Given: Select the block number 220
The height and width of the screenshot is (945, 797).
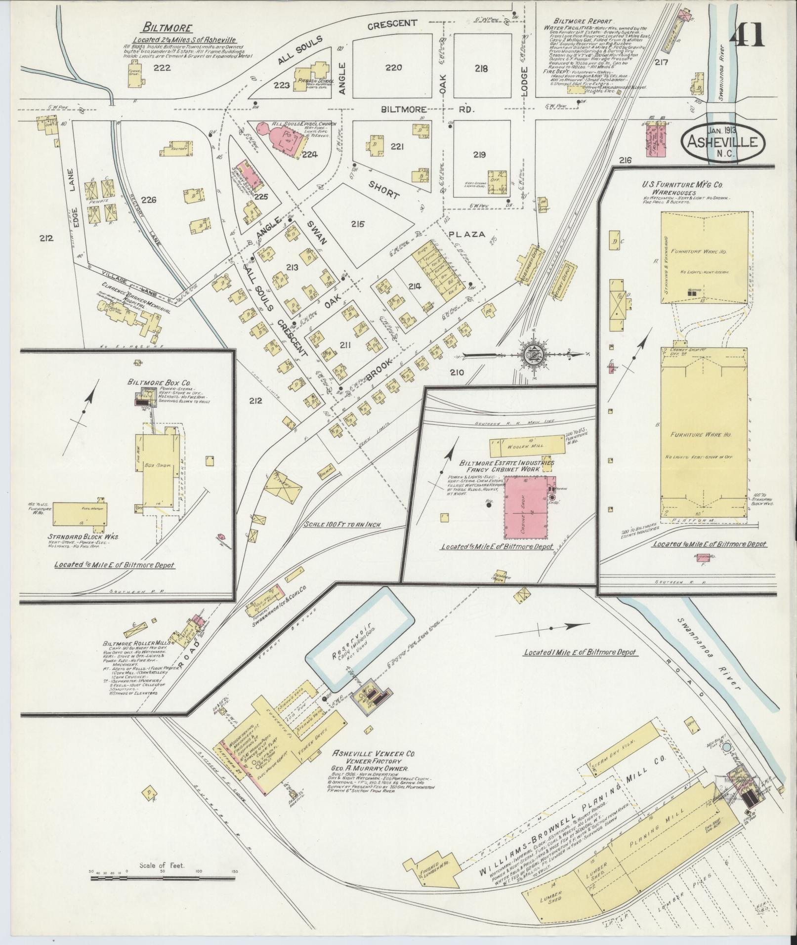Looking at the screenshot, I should [393, 68].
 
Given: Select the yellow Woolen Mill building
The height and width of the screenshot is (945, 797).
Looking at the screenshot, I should [527, 445].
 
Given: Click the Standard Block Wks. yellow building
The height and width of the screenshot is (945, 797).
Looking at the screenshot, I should [80, 514].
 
